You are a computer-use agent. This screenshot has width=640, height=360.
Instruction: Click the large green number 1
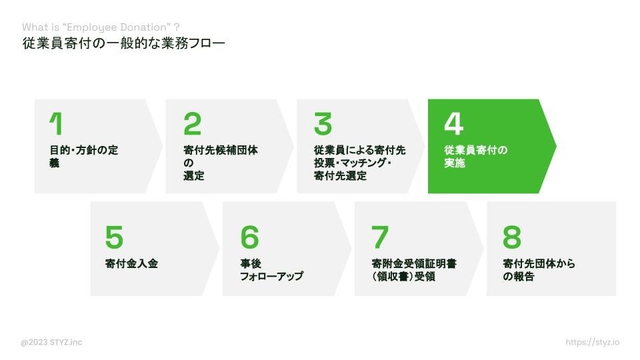pos(56,124)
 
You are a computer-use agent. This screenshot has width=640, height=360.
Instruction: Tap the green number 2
pos(192,124)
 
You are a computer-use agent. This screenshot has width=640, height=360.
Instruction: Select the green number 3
pos(323,124)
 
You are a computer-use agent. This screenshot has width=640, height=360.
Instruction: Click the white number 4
pos(453,124)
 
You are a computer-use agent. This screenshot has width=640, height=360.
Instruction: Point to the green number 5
pos(114,237)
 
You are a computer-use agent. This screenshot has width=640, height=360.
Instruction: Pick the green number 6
pos(249,237)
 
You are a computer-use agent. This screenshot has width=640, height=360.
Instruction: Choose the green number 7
pos(380,237)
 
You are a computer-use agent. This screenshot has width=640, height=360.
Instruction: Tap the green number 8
pos(512,237)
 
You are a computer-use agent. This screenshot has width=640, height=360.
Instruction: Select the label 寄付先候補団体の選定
pos(220,163)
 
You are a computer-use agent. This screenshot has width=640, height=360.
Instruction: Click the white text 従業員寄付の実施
pos(475,157)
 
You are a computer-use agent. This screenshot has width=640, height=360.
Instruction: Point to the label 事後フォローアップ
pos(271,269)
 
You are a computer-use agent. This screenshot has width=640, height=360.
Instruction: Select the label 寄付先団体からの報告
pos(539,269)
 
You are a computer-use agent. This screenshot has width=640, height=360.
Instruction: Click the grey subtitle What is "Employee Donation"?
pos(101,27)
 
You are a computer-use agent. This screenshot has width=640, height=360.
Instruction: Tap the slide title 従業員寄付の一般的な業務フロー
pos(123,44)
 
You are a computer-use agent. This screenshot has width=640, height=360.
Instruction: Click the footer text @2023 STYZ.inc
pos(51,343)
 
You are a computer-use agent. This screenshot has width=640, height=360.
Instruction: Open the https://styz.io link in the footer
pos(592,343)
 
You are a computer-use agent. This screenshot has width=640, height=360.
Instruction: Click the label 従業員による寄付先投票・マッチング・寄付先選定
pos(359,163)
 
